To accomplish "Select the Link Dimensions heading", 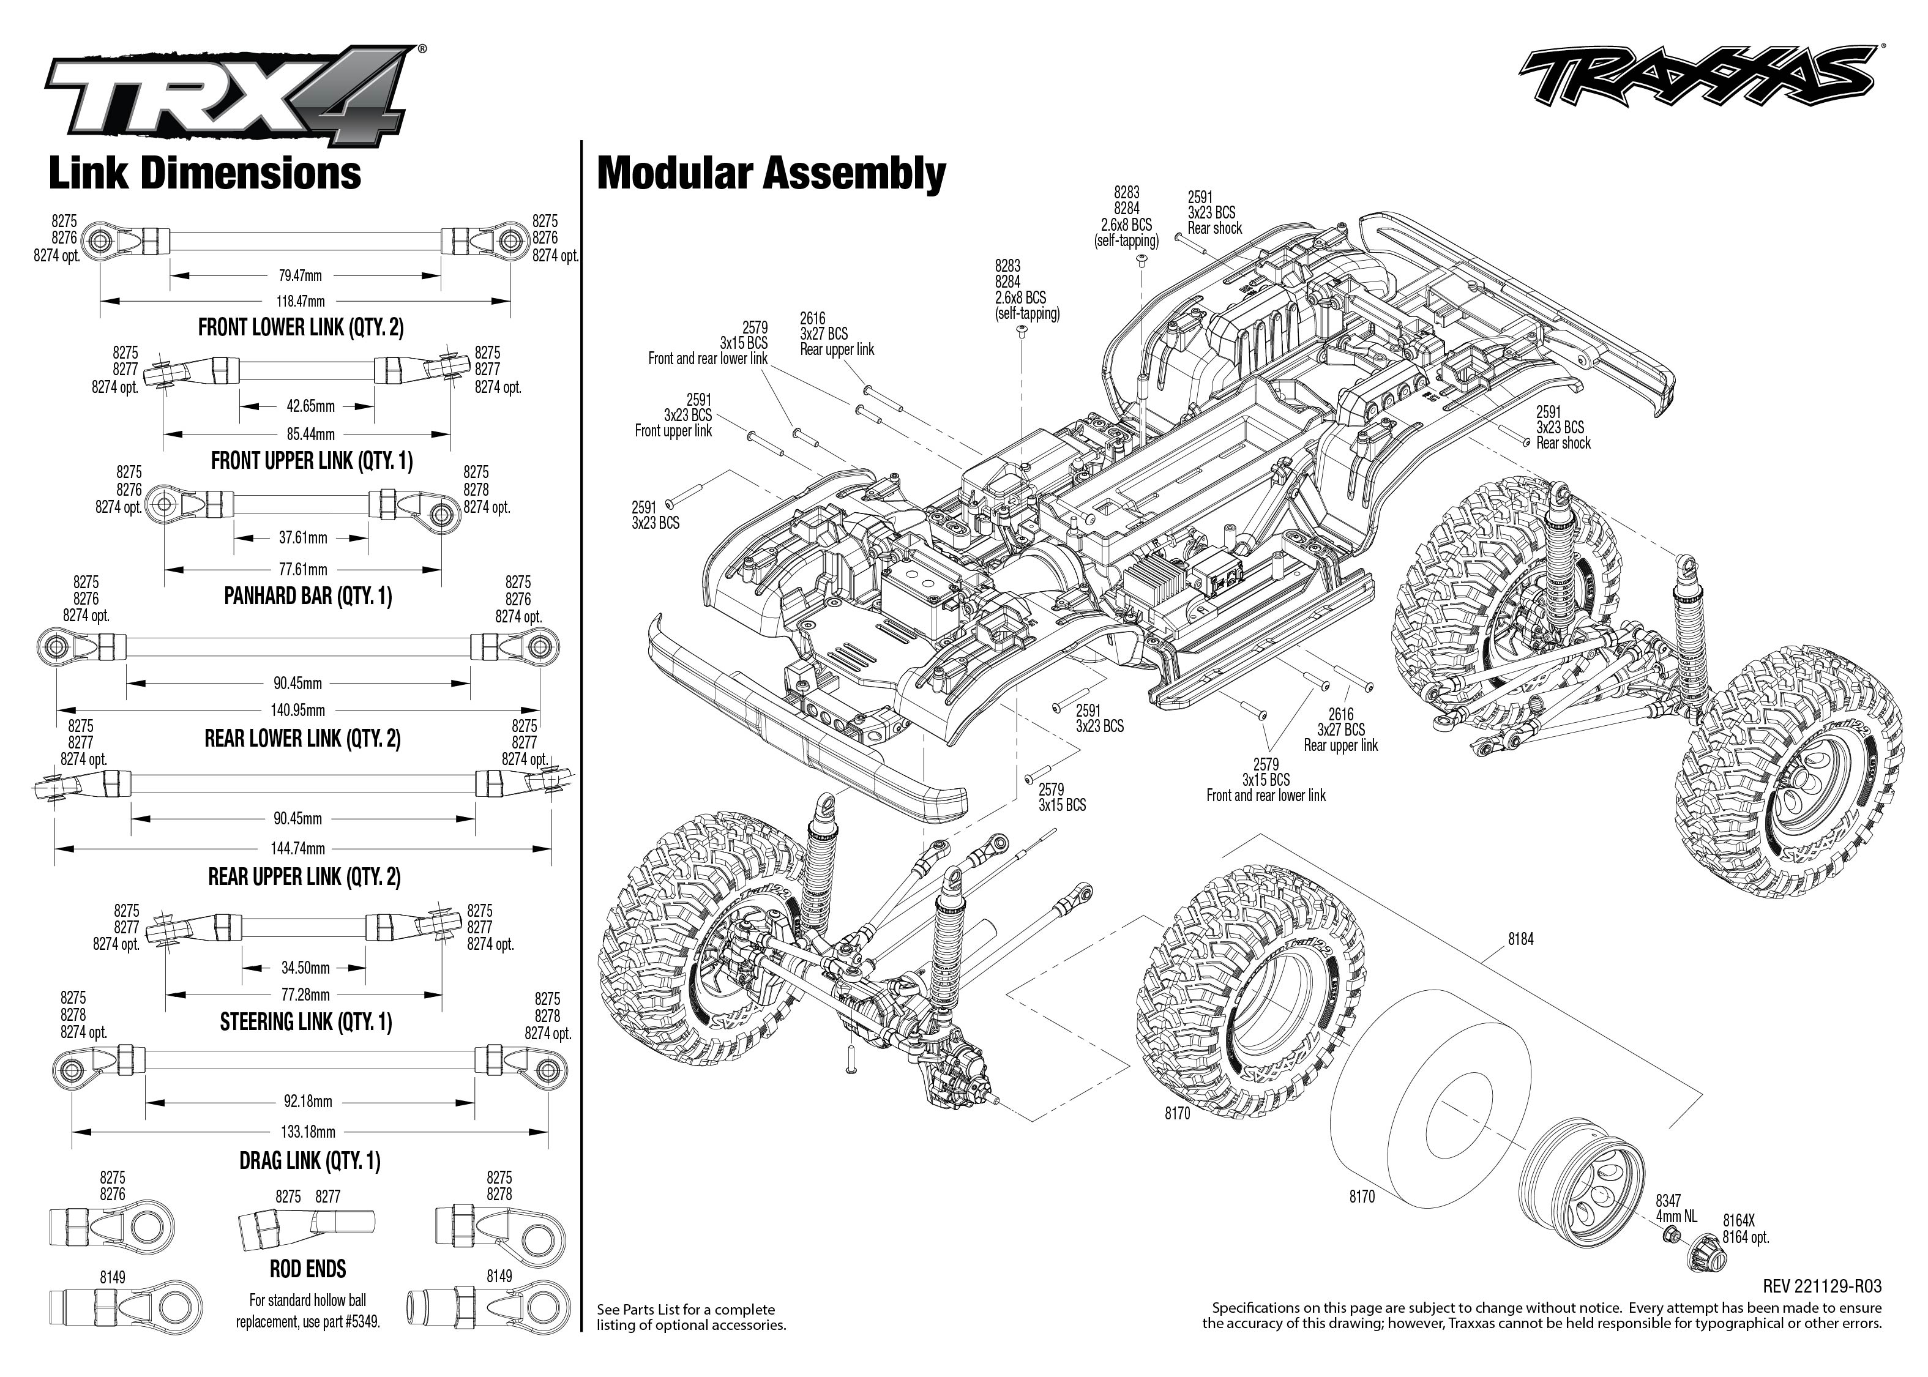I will pos(205,173).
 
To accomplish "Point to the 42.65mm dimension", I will pos(310,406).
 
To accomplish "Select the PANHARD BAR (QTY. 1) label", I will pos(308,596).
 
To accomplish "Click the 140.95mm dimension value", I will pos(299,711).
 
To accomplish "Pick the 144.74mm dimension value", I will pos(299,848).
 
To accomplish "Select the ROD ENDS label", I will pos(308,1269).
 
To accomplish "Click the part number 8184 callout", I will pos(1520,939).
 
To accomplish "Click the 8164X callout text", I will pos(1738,1220).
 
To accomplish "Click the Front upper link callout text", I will pos(673,431).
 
